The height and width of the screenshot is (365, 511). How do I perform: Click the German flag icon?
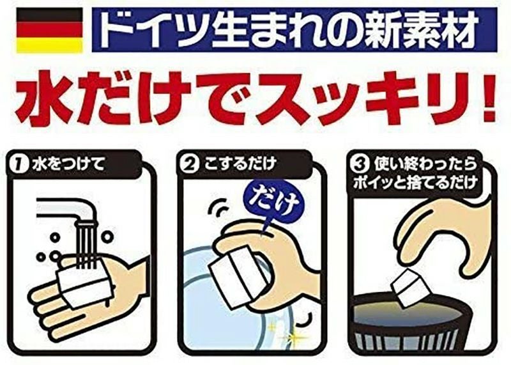click(x=48, y=30)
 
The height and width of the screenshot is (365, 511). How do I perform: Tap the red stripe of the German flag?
click(x=48, y=30)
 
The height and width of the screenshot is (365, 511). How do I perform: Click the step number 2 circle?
click(x=190, y=166)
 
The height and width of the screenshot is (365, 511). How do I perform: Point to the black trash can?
click(x=415, y=329)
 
